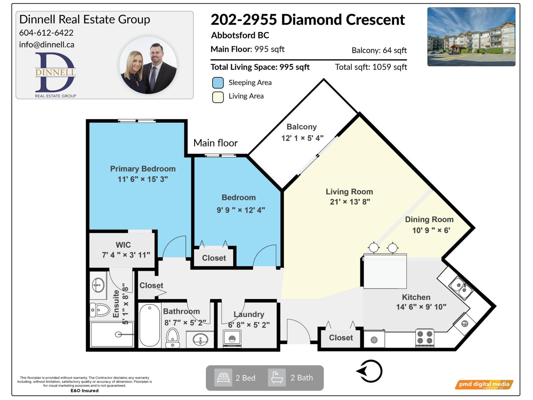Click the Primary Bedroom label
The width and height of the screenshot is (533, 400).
click(x=143, y=169)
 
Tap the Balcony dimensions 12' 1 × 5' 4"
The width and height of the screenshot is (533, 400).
click(x=302, y=138)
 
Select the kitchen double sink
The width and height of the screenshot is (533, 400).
click(x=461, y=288)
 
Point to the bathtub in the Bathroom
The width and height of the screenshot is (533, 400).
click(x=150, y=325)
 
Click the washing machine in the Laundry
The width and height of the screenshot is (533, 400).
click(x=232, y=339)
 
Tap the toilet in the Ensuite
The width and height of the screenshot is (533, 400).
click(x=100, y=310)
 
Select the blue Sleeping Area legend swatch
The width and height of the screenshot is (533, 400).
click(x=218, y=83)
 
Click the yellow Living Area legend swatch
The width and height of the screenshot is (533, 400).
click(x=218, y=97)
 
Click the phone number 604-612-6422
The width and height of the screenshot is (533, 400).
click(x=46, y=33)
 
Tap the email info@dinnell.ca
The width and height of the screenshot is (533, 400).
click(x=47, y=45)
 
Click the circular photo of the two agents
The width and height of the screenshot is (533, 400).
click(x=148, y=65)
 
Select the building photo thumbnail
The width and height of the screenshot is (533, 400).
click(x=471, y=37)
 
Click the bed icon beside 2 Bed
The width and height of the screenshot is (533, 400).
click(x=223, y=378)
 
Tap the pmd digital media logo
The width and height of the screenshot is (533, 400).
click(x=484, y=384)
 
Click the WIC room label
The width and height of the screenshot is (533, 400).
click(x=123, y=245)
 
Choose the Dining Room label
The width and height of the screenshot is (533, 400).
click(x=429, y=219)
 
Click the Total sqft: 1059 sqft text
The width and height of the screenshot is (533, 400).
click(x=371, y=67)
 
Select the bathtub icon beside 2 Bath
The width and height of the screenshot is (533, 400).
click(x=277, y=378)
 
